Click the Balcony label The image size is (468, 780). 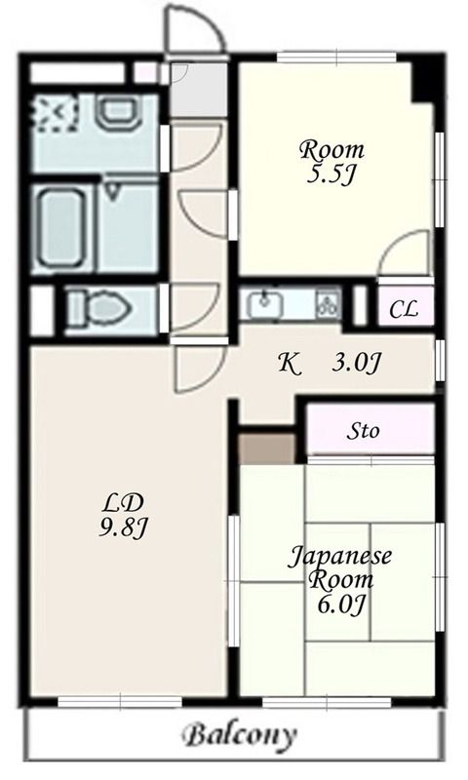(x=240, y=735)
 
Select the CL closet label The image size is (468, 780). (x=404, y=309)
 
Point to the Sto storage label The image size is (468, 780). (x=363, y=430)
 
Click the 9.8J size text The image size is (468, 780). (x=122, y=527)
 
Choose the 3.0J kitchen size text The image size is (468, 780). (x=356, y=363)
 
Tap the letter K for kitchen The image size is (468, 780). (x=289, y=364)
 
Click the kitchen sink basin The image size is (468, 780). (x=265, y=304)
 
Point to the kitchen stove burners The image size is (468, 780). (x=329, y=304)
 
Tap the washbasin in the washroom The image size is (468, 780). (x=118, y=111)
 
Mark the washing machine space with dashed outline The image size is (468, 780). (x=56, y=114)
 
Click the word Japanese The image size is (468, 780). (x=340, y=556)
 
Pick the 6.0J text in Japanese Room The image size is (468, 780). (x=341, y=604)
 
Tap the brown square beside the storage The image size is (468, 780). (x=267, y=448)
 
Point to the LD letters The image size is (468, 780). (x=123, y=503)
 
